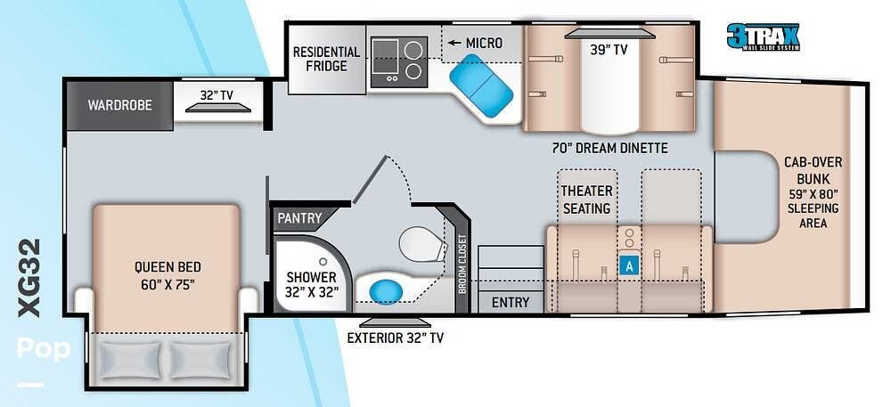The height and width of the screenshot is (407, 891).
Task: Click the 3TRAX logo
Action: tap(764, 37)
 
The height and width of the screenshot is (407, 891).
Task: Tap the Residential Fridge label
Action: tap(326, 59)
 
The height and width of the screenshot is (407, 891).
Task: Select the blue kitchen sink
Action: tap(481, 85)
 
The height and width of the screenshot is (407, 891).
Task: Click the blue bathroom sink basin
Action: tap(386, 291)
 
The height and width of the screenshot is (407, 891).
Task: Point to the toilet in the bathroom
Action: tap(423, 244)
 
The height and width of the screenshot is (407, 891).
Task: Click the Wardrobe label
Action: tap(120, 106)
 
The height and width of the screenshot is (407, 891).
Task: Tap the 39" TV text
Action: tap(609, 50)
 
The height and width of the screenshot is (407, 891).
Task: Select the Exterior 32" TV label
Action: tap(396, 338)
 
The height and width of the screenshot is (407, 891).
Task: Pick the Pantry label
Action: tap(299, 218)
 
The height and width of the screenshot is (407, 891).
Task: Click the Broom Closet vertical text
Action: tap(462, 265)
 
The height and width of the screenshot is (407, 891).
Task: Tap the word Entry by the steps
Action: tap(511, 303)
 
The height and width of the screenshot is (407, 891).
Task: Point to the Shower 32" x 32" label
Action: tap(311, 285)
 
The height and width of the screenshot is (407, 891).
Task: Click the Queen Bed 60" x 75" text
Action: tap(168, 275)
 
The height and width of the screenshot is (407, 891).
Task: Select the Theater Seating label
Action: tap(587, 199)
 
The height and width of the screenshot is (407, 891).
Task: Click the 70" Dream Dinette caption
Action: tap(609, 149)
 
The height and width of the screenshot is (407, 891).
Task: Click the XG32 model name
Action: tap(29, 278)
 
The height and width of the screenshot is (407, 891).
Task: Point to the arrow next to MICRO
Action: tap(454, 43)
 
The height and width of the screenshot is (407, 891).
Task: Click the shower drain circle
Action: tap(323, 262)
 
